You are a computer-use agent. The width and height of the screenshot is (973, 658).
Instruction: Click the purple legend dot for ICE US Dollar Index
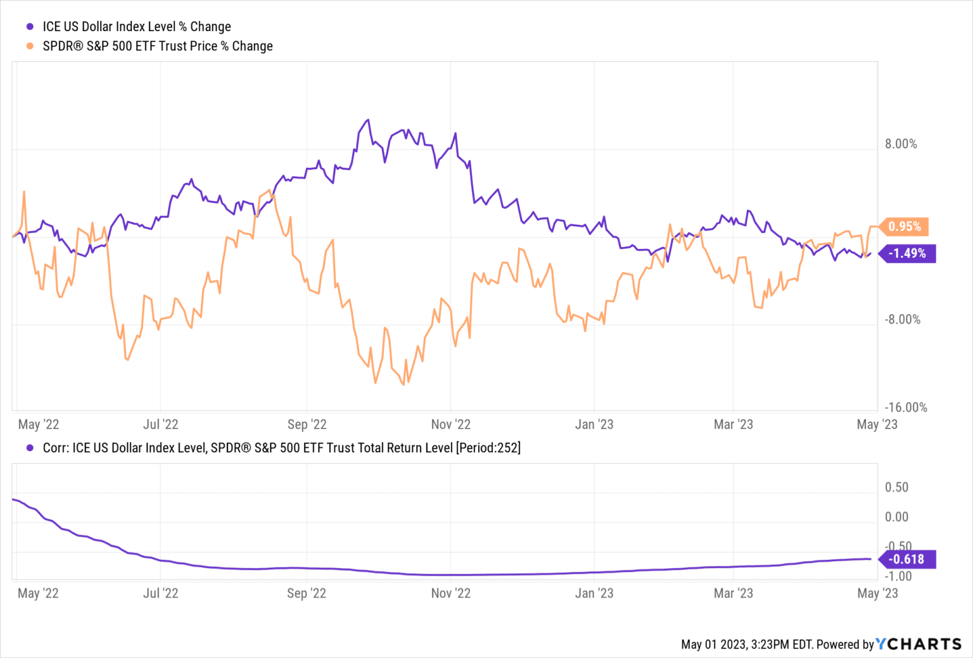[30, 27]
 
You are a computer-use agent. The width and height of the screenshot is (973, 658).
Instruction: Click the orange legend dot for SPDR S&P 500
[30, 46]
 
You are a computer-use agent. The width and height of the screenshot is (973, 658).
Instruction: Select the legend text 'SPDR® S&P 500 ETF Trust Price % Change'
[157, 46]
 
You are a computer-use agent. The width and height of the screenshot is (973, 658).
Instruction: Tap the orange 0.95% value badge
[904, 227]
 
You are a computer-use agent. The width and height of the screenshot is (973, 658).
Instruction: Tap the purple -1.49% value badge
[907, 253]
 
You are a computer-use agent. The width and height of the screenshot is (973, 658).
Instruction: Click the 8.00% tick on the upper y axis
[901, 144]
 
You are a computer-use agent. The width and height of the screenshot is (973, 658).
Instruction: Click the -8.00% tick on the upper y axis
[902, 320]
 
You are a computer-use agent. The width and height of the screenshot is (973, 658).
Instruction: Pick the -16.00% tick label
[905, 408]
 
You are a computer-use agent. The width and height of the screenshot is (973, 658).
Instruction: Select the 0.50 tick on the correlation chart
[896, 488]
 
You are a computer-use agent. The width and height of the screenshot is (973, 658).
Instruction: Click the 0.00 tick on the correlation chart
[896, 517]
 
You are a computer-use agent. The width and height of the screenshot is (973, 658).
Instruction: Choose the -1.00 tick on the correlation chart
[898, 576]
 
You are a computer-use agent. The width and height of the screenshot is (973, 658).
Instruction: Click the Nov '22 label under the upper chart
[450, 425]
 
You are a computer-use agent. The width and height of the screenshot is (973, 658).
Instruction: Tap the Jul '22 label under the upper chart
[160, 425]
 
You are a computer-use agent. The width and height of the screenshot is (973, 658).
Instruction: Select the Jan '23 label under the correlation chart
[594, 593]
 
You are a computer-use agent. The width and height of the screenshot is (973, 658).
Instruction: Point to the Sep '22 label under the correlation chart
[306, 593]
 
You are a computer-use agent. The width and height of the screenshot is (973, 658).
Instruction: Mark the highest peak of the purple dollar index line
[367, 120]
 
